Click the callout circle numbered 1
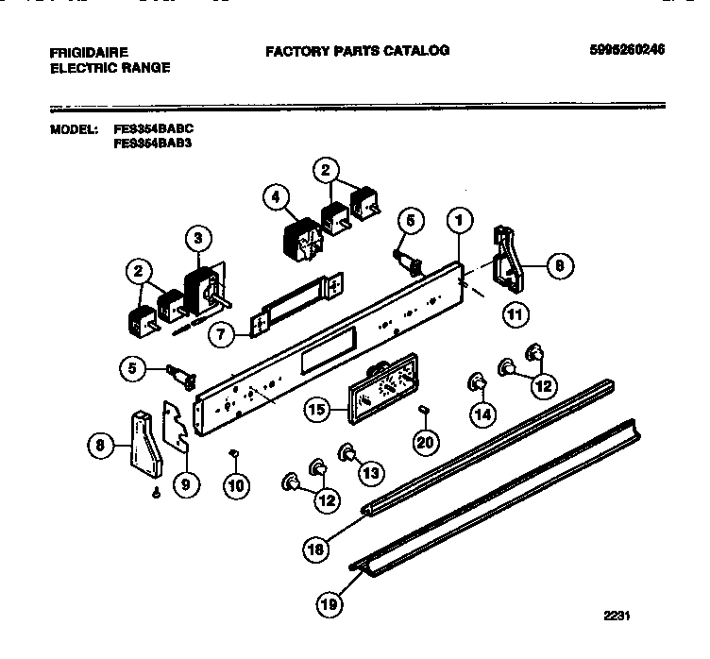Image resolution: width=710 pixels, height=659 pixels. (x=459, y=222)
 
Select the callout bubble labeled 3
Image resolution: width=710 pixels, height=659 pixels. (x=196, y=239)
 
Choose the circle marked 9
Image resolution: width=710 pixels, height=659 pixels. (x=186, y=484)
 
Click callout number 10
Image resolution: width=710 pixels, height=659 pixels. (x=236, y=485)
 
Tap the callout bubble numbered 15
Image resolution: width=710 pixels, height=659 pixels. (x=318, y=409)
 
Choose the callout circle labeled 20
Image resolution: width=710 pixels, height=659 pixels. (x=426, y=440)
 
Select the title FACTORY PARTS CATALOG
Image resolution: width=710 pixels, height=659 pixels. (x=357, y=51)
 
